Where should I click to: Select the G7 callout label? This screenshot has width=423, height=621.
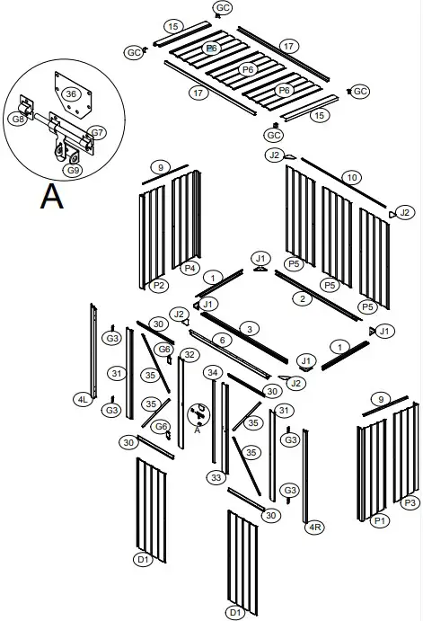point(98,133)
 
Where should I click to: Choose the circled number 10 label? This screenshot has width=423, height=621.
point(351,176)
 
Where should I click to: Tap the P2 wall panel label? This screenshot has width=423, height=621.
point(159,285)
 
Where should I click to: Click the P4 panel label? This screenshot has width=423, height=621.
point(190,268)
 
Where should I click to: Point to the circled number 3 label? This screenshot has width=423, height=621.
point(249,328)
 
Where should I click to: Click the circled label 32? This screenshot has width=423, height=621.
point(189,355)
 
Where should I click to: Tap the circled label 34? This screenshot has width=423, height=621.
point(213,372)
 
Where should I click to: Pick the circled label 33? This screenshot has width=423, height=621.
point(216,478)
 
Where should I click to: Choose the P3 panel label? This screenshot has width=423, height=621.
point(410,502)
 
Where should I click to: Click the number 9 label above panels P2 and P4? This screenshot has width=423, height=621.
point(160,167)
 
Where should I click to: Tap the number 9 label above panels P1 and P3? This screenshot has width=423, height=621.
point(381,399)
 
